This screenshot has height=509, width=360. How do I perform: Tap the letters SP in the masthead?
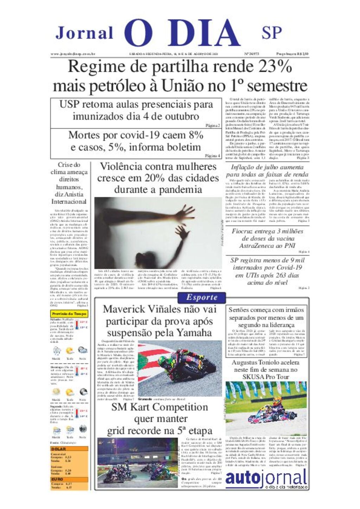[271, 33]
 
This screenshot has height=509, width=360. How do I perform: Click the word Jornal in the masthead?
[84, 33]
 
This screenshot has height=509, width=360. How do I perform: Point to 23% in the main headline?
[275, 66]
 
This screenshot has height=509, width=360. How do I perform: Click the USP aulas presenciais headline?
[136, 110]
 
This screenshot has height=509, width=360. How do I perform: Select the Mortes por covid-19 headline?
[136, 141]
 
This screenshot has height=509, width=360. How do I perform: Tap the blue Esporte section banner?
[202, 298]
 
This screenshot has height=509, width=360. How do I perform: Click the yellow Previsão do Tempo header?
[69, 314]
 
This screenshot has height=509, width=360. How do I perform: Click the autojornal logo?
[266, 479]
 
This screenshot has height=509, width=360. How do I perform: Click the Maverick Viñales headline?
[160, 321]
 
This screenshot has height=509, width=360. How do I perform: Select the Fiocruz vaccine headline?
[267, 239]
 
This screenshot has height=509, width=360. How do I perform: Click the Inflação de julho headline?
[267, 171]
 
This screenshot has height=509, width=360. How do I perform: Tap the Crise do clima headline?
[69, 183]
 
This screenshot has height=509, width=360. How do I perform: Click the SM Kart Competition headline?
[160, 419]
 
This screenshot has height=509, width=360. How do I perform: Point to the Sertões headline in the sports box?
[266, 317]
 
